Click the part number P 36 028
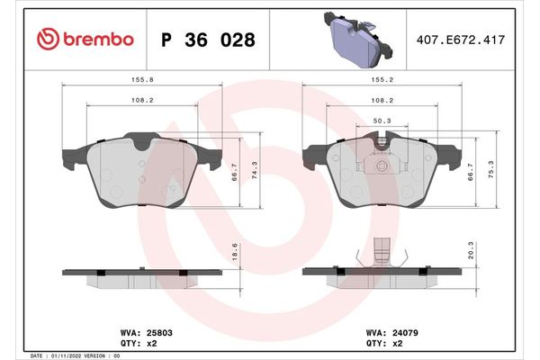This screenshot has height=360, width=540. coord(206,40)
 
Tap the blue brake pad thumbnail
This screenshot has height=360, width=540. coord(355,40)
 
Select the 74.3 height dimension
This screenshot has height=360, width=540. coord(258,169)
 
